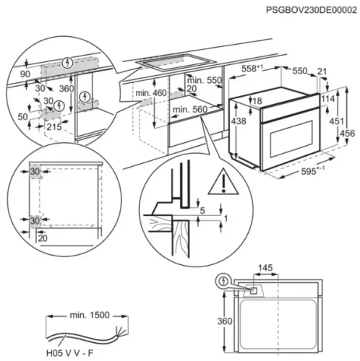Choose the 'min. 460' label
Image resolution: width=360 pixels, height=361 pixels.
pos(150,93)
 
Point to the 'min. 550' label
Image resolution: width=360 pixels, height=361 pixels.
pos(204,80)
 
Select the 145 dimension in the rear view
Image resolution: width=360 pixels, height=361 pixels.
pos(266,268)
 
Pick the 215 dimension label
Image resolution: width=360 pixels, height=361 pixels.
pos(52,126)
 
